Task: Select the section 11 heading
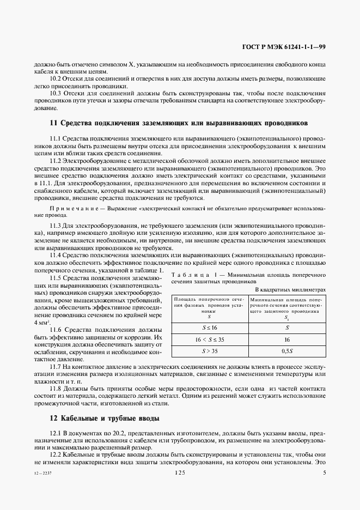coord(179,123)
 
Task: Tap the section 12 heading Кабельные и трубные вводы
coord(105,418)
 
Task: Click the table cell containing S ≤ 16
coord(210,327)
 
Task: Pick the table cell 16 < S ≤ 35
coord(210,338)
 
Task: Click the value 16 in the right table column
coord(286,338)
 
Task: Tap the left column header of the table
coord(210,307)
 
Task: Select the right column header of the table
coord(286,307)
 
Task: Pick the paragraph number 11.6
coord(56,330)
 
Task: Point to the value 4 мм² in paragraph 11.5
coord(42,323)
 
